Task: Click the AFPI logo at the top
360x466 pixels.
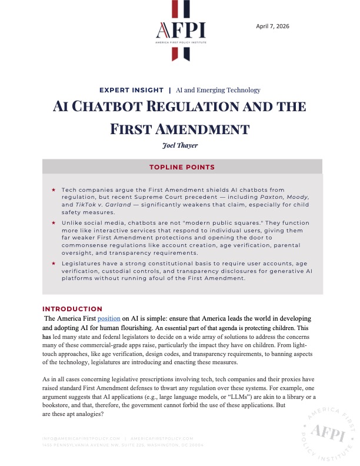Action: point(180,30)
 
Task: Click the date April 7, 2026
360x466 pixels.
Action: point(272,26)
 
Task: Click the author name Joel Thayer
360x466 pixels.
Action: point(180,145)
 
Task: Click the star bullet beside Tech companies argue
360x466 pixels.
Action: point(54,190)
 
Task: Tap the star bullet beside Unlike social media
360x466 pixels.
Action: point(54,222)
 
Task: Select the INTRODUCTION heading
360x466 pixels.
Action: point(72,309)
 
